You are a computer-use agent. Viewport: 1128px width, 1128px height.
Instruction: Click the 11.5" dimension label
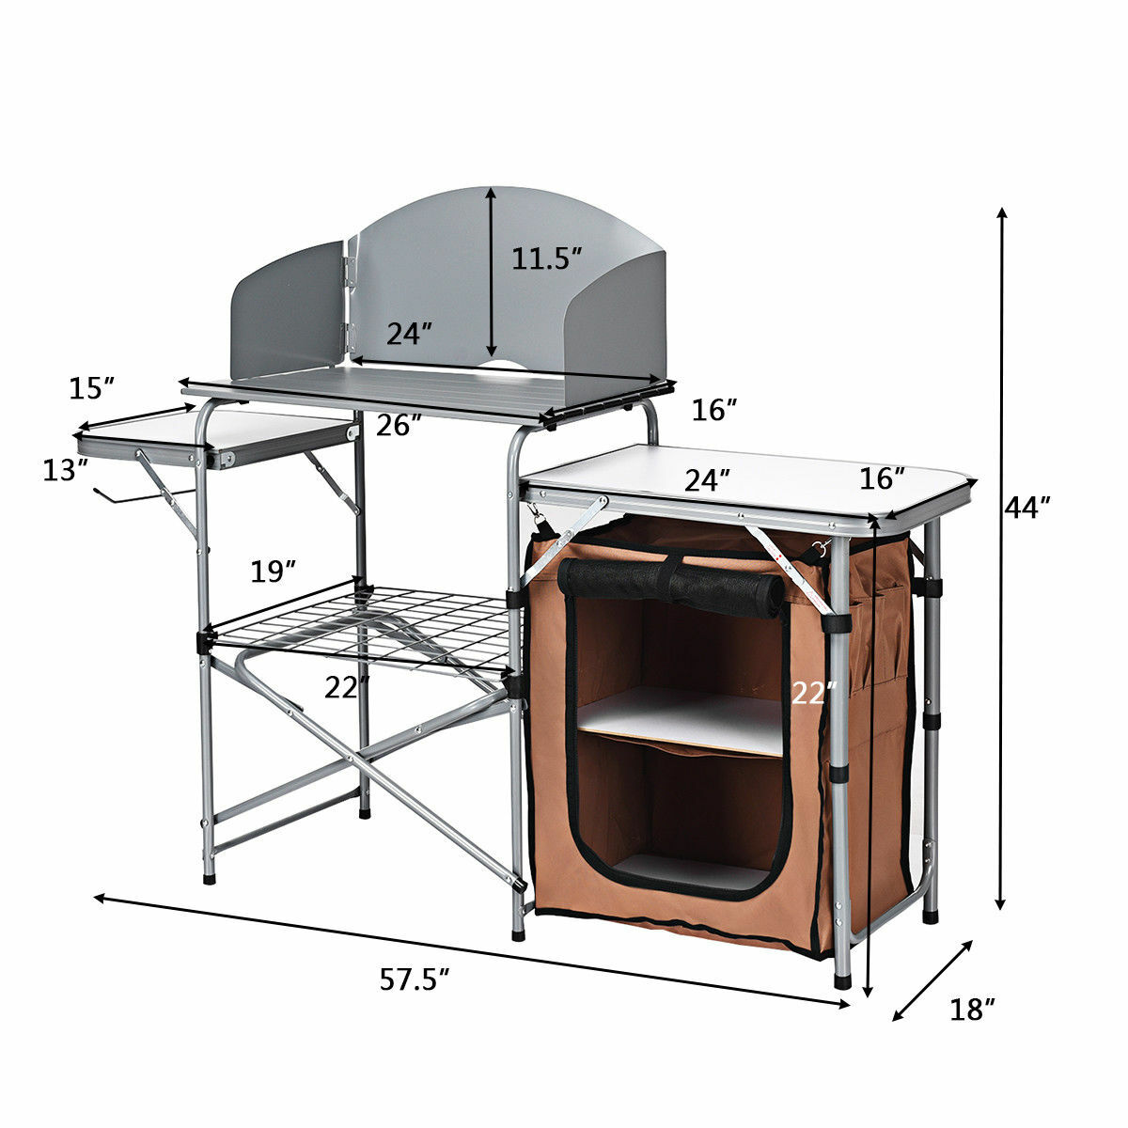[547, 258]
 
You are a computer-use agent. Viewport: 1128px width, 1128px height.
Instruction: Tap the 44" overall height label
[1026, 509]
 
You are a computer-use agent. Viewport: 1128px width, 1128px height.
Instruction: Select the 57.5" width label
[415, 980]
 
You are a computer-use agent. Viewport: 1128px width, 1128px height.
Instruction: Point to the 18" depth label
[973, 1010]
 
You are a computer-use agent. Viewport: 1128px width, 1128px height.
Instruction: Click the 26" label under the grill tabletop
[399, 426]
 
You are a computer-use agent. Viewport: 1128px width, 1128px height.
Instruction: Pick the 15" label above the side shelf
[91, 386]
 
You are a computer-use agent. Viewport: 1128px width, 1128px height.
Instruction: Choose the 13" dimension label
[65, 469]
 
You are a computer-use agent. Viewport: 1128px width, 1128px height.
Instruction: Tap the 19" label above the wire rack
[274, 571]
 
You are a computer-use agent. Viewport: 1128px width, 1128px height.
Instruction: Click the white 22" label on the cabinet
[813, 694]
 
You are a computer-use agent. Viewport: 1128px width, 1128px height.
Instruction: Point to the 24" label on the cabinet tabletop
[707, 480]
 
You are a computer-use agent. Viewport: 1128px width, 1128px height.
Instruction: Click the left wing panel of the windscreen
[288, 310]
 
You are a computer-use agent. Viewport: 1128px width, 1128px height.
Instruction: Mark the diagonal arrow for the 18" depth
[932, 980]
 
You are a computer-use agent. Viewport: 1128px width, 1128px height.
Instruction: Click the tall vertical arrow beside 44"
[1003, 559]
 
